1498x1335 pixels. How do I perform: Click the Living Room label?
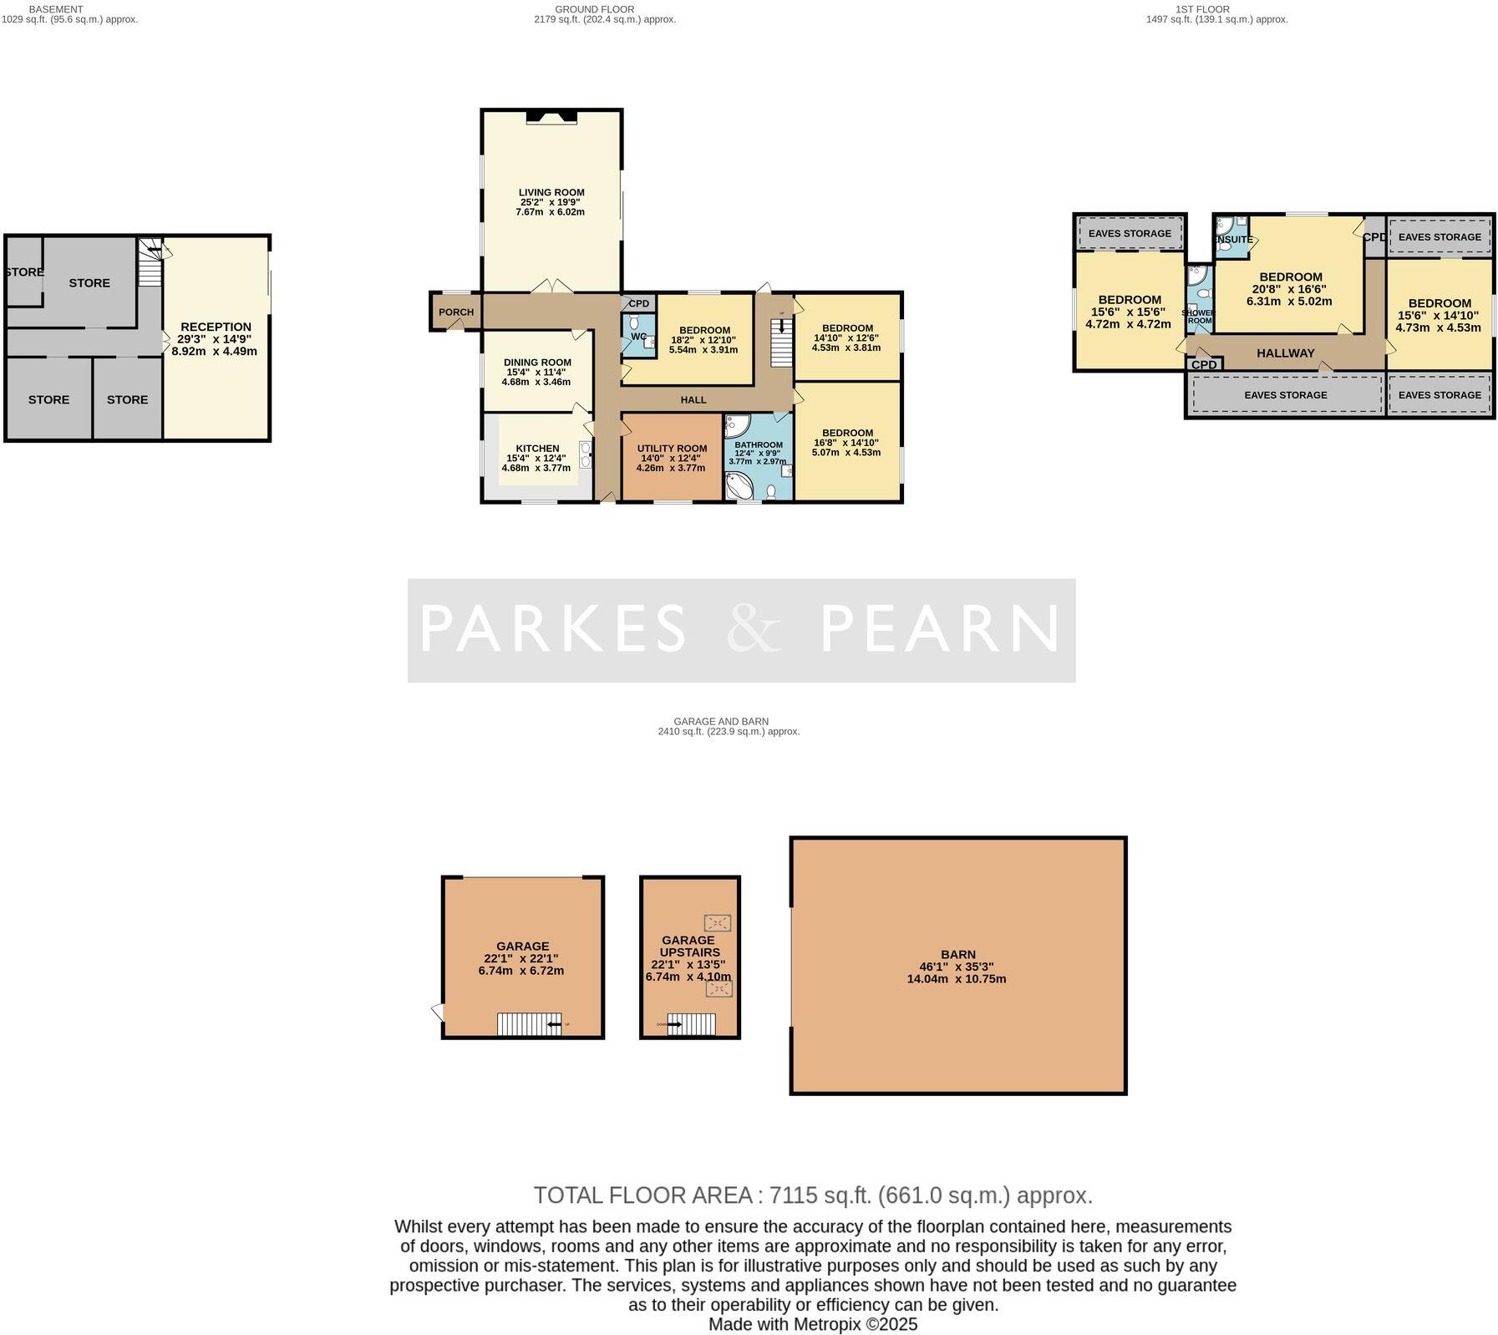[x=551, y=192]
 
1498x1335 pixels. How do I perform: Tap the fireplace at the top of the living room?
[x=551, y=118]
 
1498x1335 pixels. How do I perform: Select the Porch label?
[x=456, y=312]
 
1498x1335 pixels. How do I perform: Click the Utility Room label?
[x=672, y=449]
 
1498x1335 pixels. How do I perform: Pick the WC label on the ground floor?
[x=638, y=337]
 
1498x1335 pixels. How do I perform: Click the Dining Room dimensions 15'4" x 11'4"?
[x=536, y=373]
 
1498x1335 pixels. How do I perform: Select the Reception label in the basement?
[x=216, y=327]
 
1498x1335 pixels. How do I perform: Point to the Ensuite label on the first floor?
[x=1233, y=240]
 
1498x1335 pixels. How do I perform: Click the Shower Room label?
[x=1198, y=317]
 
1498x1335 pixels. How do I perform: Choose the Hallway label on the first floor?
[x=1285, y=353]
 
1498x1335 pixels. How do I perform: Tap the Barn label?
[x=957, y=954]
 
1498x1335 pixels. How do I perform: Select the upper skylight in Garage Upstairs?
[x=717, y=922]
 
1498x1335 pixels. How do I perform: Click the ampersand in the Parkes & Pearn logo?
[x=754, y=628]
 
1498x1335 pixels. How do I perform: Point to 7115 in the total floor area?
[x=791, y=1195]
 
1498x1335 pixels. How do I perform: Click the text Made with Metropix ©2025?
[x=812, y=1324]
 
